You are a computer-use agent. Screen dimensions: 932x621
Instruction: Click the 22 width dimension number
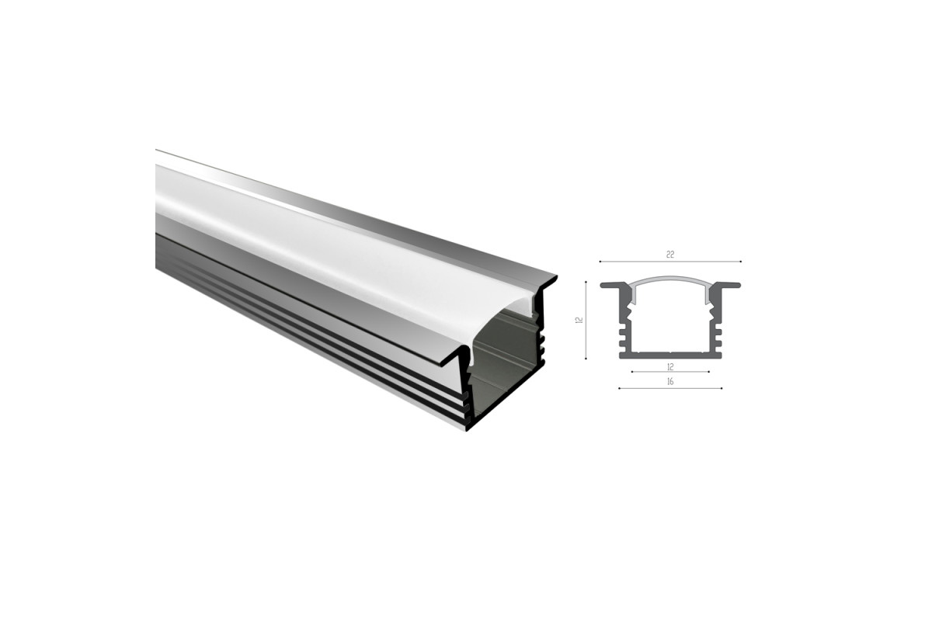(x=669, y=255)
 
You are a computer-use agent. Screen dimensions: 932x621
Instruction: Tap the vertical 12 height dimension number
(x=579, y=320)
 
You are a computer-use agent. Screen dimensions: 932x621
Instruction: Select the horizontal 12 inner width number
(x=669, y=367)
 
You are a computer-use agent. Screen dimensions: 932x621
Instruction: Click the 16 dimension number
(x=669, y=381)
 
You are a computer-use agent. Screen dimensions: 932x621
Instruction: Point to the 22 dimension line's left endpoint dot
(x=600, y=262)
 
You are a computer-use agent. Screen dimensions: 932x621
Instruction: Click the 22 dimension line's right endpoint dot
(x=741, y=262)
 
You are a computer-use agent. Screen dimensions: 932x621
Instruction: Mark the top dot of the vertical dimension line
(x=586, y=282)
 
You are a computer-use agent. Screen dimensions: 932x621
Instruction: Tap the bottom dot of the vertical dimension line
(x=586, y=358)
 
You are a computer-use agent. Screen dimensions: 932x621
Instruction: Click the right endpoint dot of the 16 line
(x=722, y=388)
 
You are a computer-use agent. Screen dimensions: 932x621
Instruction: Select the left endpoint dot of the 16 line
(x=619, y=388)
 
